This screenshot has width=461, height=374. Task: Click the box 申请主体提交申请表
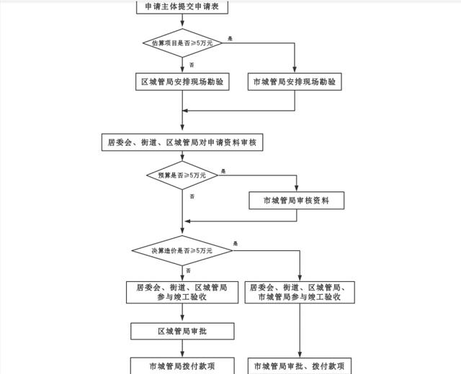(182, 7)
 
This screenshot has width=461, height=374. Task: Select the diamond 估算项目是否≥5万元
(182, 43)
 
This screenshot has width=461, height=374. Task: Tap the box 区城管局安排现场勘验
(182, 82)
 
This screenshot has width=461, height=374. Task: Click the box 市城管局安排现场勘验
(295, 82)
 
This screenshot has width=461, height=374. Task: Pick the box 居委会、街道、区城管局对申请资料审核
(182, 142)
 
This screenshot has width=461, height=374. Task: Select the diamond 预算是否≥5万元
(182, 175)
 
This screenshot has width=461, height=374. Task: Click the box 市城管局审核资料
(296, 201)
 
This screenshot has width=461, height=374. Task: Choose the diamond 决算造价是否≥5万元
(182, 250)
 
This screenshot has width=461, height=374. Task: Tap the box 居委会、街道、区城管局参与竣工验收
(182, 291)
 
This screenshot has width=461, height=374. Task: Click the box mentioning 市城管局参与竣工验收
(301, 291)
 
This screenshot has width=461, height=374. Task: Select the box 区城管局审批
(182, 331)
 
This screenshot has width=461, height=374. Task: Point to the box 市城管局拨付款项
(182, 366)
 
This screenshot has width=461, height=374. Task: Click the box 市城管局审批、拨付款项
(301, 366)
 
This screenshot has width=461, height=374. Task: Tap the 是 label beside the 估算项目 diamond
(230, 37)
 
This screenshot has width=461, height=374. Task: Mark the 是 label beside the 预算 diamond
(223, 170)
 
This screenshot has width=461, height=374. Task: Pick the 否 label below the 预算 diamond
(192, 196)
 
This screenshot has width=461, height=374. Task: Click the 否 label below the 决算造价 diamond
(189, 270)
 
